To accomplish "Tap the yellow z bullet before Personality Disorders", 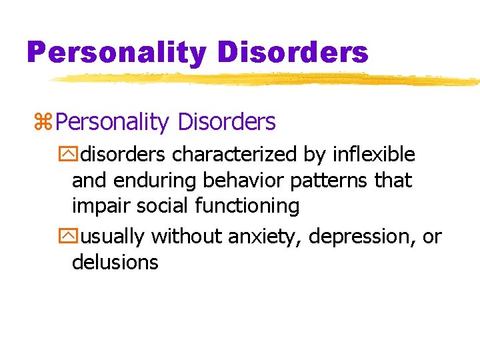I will tap(43, 123).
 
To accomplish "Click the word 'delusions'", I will tap(115, 262).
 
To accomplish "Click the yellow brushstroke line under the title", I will tap(267, 80).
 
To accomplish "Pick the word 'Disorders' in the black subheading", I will tap(226, 122).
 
